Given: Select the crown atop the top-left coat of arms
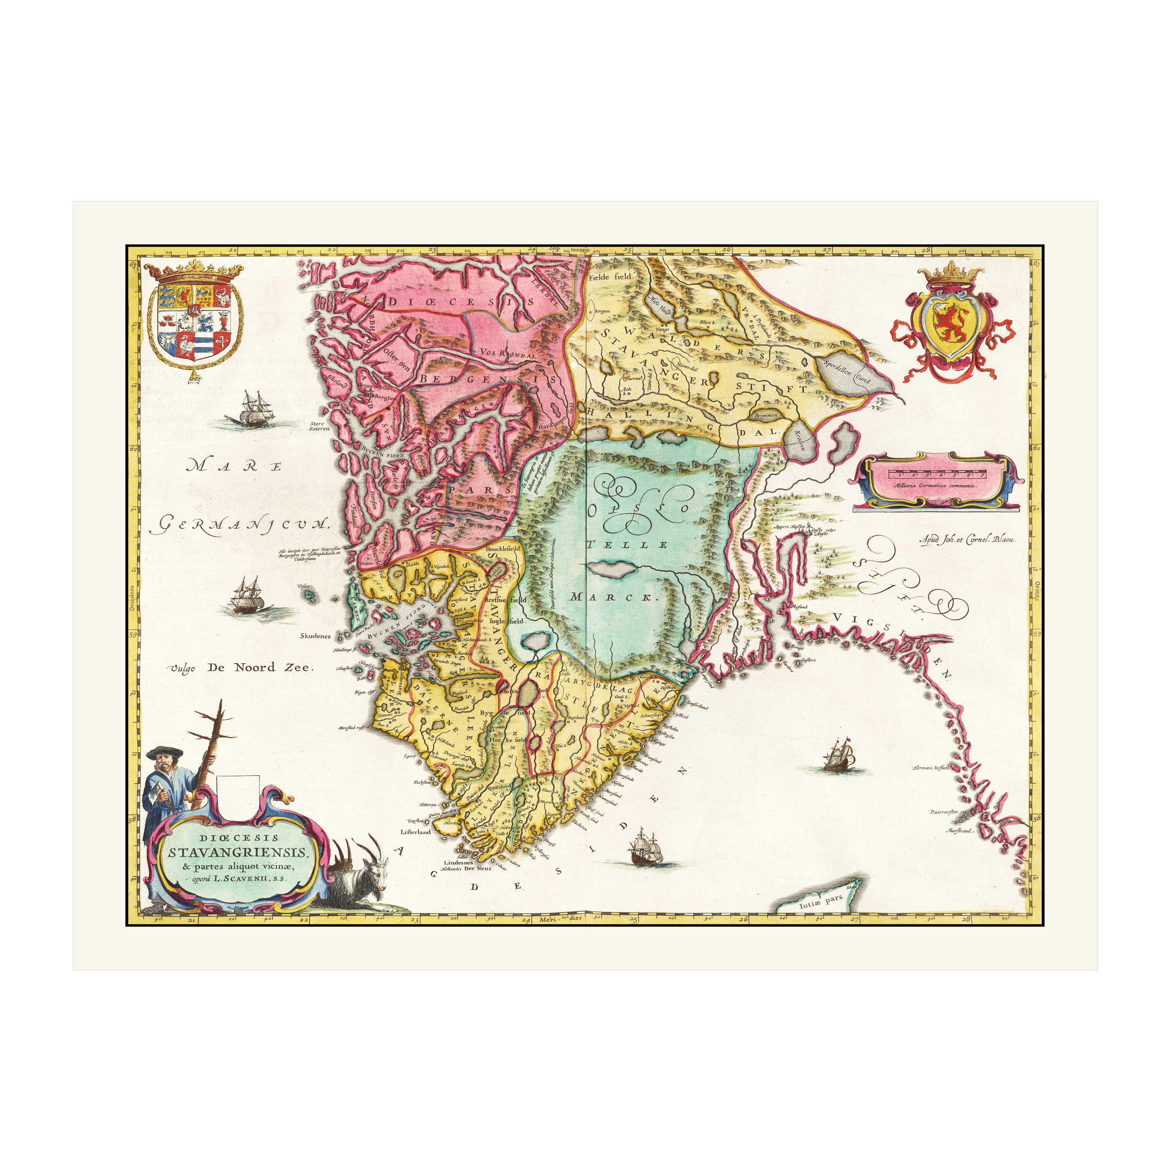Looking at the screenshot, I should [194, 270].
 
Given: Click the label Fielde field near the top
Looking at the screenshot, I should [610, 276].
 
